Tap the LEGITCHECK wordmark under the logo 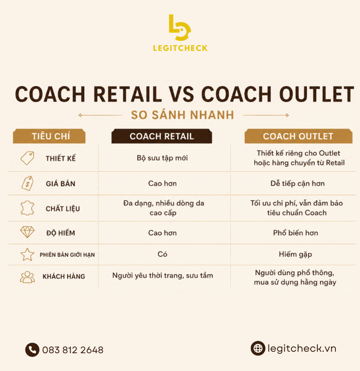pyautogui.click(x=181, y=48)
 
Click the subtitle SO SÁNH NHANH pyautogui.click(x=182, y=115)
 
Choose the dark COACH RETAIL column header pyautogui.click(x=161, y=136)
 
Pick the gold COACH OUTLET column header pyautogui.click(x=298, y=136)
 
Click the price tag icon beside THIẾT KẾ pyautogui.click(x=27, y=158)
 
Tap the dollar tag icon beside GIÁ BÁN pyautogui.click(x=27, y=183)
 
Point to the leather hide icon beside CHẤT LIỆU pyautogui.click(x=27, y=208)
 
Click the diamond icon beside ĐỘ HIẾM pyautogui.click(x=27, y=232)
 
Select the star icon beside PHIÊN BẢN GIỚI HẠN pyautogui.click(x=27, y=254)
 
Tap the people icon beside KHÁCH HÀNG pyautogui.click(x=27, y=277)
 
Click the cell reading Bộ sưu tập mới pyautogui.click(x=162, y=158)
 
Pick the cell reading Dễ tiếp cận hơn pyautogui.click(x=298, y=184)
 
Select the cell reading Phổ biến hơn pyautogui.click(x=296, y=233)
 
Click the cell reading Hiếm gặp pyautogui.click(x=296, y=254)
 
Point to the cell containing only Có pyautogui.click(x=162, y=254)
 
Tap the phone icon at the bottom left pyautogui.click(x=32, y=350)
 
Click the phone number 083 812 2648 pyautogui.click(x=72, y=350)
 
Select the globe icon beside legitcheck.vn pyautogui.click(x=258, y=348)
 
